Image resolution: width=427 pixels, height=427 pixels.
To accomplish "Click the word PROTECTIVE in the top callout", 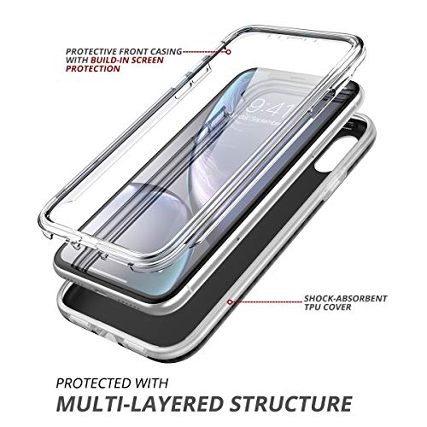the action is coord(91,51).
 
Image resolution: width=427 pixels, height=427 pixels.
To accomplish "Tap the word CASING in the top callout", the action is coord(166,51).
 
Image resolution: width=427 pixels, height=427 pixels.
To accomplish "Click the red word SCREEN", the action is coord(149,60).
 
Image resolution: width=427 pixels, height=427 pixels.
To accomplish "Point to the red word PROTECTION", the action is coord(93,68).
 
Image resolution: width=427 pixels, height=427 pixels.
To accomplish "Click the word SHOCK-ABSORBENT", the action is coord(346,299).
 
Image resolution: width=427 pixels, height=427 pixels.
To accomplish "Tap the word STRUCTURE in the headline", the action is coord(291,403).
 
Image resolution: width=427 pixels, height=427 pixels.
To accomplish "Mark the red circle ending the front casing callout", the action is coord(228,52).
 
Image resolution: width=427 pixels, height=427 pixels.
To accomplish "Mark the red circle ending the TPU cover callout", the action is coord(230,302).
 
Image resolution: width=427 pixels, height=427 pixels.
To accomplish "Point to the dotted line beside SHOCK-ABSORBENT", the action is coord(267,301).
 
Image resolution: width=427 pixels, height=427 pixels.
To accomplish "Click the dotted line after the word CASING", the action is coord(204,52).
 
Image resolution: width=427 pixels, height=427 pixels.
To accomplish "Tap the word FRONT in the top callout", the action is coord(133,51).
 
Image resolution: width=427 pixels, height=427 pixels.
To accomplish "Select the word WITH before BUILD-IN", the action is coord(77,60).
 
